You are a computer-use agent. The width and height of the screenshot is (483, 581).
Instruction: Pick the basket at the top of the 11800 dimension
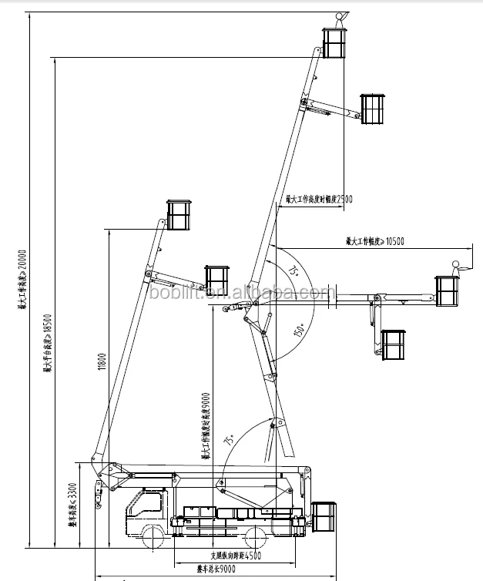(x=179, y=215)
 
